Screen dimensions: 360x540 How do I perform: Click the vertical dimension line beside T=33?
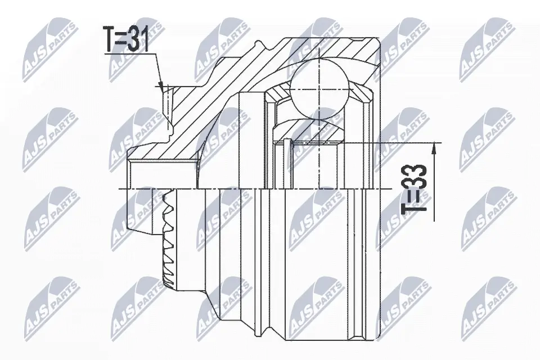pos(434,180)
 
